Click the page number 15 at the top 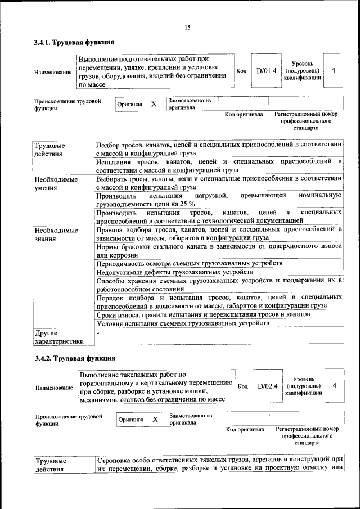point(187,28)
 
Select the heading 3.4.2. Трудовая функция point(75,358)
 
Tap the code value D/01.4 point(267,71)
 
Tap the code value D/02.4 point(268,386)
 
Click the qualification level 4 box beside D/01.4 point(334,71)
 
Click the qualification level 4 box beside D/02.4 point(335,386)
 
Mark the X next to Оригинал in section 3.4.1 point(154,104)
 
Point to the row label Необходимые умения point(56,183)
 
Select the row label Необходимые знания point(56,235)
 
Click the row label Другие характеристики point(58,336)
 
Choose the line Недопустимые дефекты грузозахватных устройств point(175,272)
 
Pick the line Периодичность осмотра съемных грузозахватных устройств point(189,263)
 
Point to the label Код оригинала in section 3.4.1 point(244,115)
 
